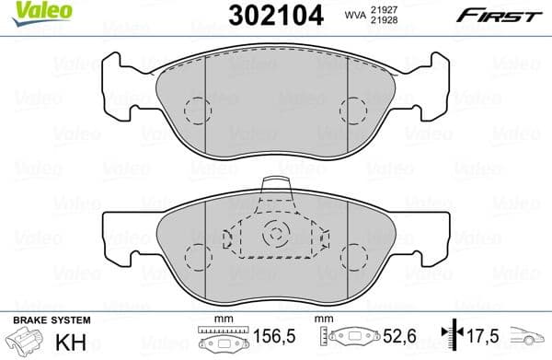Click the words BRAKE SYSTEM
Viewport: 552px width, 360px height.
pos(52,319)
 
